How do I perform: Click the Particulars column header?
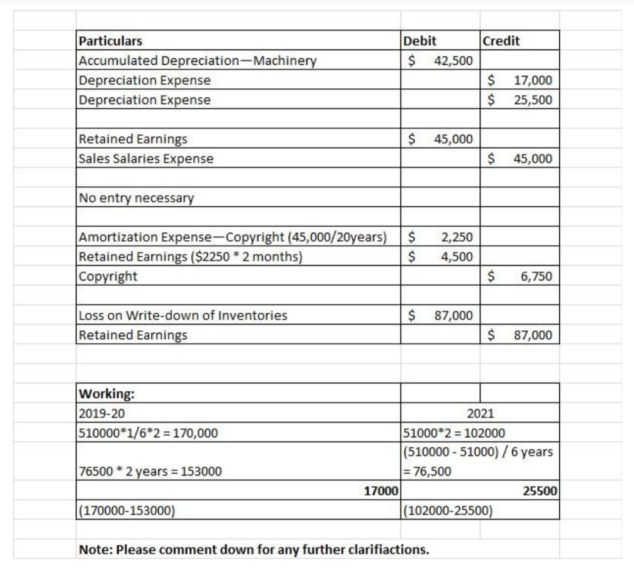pos(111,41)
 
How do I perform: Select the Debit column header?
pos(420,41)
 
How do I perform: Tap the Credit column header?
pos(500,41)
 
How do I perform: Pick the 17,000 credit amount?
pos(533,81)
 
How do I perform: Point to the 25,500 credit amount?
pos(533,100)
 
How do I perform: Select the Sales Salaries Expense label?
pos(146,159)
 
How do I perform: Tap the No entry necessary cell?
pos(136,198)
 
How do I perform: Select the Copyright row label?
pos(108,276)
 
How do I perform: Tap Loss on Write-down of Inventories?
pos(183,316)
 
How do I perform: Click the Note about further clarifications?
pos(254,550)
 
